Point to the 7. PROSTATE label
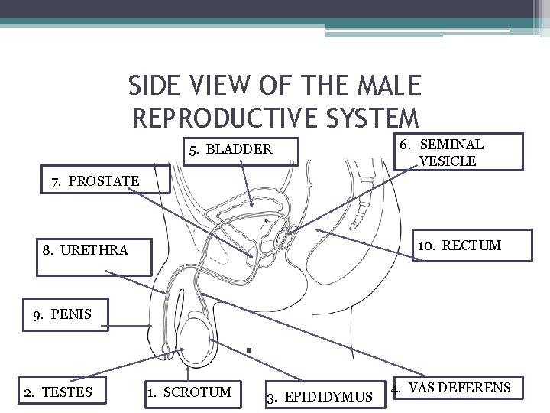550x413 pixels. pos(96,181)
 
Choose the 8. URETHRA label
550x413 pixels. pos(86,249)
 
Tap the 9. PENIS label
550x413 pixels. pos(62,314)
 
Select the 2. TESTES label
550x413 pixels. pos(57,392)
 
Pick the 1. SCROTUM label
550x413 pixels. pos(188,392)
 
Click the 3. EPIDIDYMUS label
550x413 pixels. pos(319,397)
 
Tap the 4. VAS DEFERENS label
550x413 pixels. pos(451,388)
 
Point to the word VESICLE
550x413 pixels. pos(448,161)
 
